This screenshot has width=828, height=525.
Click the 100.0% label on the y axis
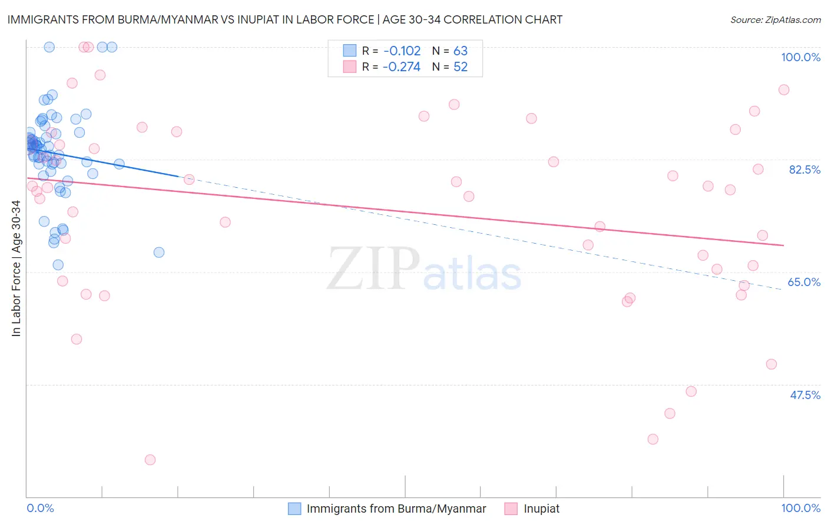point(800,57)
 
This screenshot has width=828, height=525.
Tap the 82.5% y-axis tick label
point(804,170)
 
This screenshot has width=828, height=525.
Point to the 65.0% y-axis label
point(804,282)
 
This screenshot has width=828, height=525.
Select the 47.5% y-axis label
point(805,395)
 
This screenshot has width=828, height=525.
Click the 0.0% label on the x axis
point(40,508)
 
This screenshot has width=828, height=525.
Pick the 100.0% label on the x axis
point(800,508)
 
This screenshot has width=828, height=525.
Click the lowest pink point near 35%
point(150,460)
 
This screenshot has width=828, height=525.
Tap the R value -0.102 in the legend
point(402,51)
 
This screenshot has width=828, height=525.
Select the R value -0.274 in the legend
point(402,67)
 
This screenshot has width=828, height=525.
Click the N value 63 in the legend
point(461,51)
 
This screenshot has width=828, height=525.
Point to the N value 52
point(461,67)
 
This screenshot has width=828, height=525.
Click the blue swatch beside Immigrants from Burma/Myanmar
point(294,509)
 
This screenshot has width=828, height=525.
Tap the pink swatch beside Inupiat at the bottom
point(511,509)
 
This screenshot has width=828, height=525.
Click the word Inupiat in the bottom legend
point(542,509)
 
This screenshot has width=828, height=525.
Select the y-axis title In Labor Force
point(16,268)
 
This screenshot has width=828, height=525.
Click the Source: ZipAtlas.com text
point(776,20)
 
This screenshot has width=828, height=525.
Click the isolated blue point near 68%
point(159,252)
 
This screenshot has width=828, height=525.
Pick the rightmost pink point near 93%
point(784,90)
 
